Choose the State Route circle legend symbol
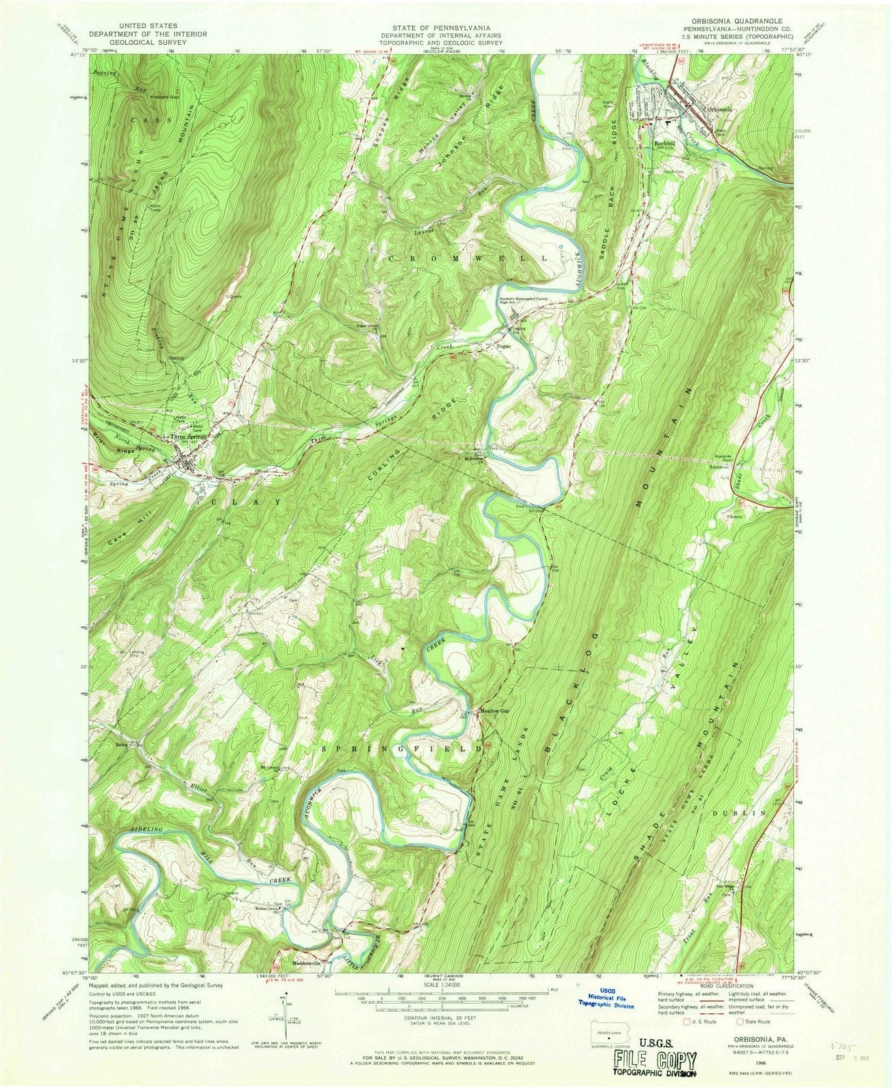739,1021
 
